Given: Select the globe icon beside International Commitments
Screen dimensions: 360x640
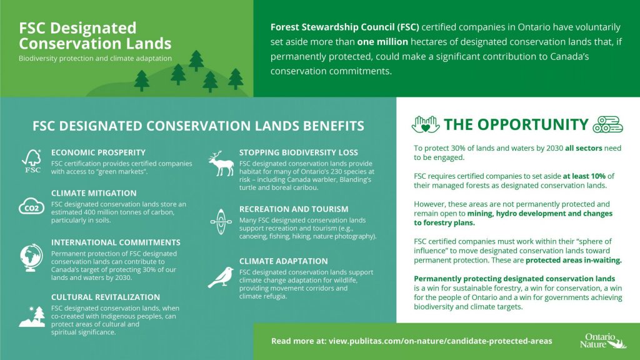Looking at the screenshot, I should click(x=32, y=257).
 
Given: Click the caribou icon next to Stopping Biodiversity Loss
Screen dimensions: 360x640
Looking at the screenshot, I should click(x=219, y=164).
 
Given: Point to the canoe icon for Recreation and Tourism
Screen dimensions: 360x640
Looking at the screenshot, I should click(x=220, y=221).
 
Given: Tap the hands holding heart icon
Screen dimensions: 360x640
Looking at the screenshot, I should click(x=426, y=124).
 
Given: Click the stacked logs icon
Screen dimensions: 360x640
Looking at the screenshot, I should click(x=608, y=124).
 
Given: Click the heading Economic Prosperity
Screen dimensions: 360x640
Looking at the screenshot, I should click(x=98, y=152).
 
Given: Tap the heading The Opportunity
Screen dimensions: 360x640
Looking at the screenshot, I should click(x=516, y=124).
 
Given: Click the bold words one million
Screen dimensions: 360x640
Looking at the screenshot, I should click(x=382, y=42).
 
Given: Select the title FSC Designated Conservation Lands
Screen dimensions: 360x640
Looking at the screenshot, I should click(x=95, y=36).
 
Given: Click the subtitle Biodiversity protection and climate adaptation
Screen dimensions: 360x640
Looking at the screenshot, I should click(x=95, y=59).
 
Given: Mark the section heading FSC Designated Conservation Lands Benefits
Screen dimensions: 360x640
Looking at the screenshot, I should click(x=198, y=126).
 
